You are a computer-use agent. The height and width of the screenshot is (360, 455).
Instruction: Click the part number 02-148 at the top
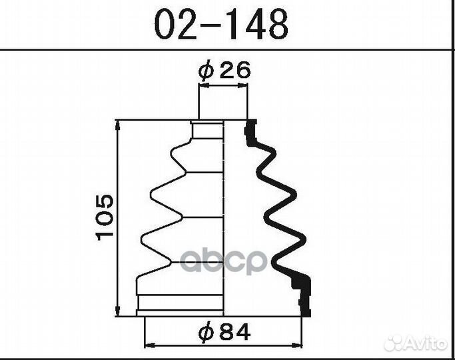(221, 24)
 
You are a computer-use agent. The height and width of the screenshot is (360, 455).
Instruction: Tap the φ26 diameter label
(224, 71)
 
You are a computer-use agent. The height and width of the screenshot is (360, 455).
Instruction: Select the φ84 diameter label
(225, 332)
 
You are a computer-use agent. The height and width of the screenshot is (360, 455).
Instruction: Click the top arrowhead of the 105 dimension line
(117, 125)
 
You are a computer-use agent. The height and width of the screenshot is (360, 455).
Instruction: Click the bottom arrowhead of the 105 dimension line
(117, 311)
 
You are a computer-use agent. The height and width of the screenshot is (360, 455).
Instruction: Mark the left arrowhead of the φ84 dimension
(149, 345)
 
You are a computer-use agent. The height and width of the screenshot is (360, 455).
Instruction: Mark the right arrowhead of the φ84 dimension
(297, 345)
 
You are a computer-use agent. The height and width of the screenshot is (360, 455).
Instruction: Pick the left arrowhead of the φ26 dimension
(204, 85)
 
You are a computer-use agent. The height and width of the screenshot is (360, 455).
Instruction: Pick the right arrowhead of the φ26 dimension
(243, 85)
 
